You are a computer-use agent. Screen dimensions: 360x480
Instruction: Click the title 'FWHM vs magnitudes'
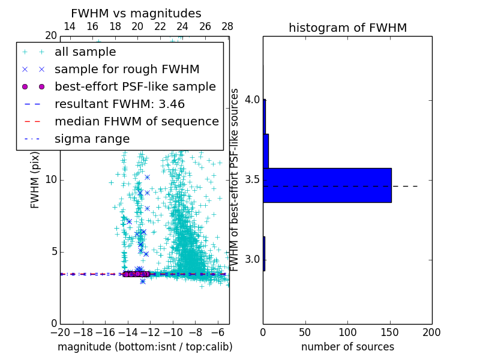[x=136, y=13]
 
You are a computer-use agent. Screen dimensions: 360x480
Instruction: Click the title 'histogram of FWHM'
[x=347, y=28]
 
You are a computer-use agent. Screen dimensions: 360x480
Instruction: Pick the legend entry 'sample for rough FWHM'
[x=127, y=70]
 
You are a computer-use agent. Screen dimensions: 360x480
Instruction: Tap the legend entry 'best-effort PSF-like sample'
[x=135, y=87]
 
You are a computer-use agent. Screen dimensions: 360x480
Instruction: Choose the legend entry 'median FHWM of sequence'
[x=136, y=122]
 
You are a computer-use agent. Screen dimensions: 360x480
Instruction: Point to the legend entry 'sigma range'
[x=92, y=139]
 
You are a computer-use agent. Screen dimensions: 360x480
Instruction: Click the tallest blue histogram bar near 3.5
[x=327, y=185]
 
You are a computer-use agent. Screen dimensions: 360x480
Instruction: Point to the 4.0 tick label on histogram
[x=252, y=99]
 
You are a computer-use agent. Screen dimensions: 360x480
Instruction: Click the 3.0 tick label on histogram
[x=252, y=259]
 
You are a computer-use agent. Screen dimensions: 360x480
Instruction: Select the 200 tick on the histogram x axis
[x=431, y=332]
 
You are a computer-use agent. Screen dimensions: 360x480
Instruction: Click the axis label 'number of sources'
[x=347, y=347]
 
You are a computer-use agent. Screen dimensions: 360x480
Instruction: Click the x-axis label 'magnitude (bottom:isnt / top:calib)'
[x=145, y=347]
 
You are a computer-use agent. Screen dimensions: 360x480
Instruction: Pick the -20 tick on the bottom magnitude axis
[x=60, y=332]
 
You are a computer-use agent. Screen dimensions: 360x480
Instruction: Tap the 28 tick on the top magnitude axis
[x=227, y=27]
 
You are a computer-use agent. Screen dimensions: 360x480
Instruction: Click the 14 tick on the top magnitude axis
[x=70, y=27]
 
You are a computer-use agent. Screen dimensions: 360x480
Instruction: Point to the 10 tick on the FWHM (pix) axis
[x=50, y=180]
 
